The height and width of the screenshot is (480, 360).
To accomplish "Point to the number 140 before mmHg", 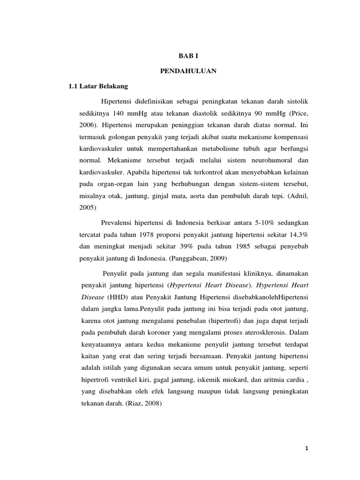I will coord(120,114).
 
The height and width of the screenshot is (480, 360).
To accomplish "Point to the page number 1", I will coord(307,449).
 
